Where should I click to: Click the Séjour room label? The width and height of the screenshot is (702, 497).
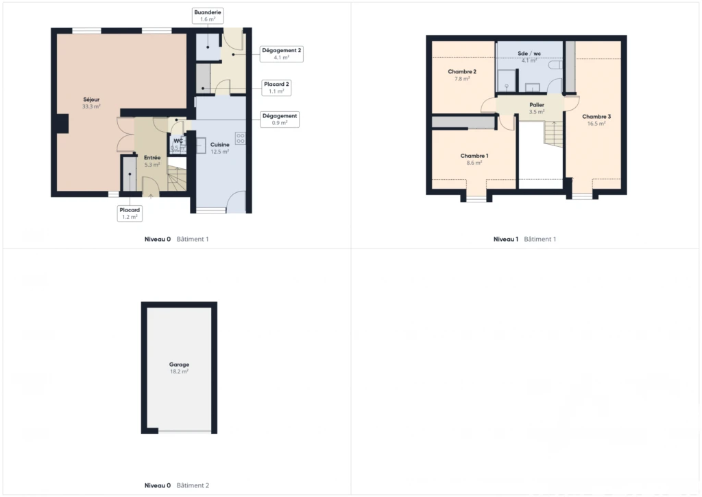coord(91,103)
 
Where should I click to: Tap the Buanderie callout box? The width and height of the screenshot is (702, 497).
coord(208,16)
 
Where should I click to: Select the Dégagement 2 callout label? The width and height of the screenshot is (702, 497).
coord(282,54)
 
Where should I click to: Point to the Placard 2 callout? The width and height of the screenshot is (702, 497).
coord(276,87)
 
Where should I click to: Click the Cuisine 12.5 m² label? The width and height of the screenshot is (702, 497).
coord(220,148)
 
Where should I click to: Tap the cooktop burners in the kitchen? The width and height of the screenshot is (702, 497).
coord(241,138)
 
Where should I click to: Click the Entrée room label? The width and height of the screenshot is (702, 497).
coord(152,161)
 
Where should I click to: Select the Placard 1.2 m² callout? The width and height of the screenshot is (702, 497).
coord(130,213)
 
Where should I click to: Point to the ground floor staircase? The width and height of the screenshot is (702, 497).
coord(177,178)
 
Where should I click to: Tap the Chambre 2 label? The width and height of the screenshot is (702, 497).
coord(462,75)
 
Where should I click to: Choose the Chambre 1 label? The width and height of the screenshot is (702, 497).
coord(474,159)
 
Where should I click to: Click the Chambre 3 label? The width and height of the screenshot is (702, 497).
coord(596,119)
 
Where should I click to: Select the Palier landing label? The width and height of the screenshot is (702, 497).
coord(537,108)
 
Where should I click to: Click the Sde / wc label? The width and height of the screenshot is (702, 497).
coord(529,56)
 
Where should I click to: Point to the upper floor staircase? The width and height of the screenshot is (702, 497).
coord(553,134)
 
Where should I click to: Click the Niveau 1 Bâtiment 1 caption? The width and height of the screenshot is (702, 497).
coord(524,240)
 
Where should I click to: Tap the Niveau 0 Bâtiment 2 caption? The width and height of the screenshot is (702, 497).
coord(177,485)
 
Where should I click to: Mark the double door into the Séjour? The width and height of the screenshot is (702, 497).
coord(125,135)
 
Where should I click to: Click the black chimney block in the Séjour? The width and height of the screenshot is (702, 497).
coord(62,124)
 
